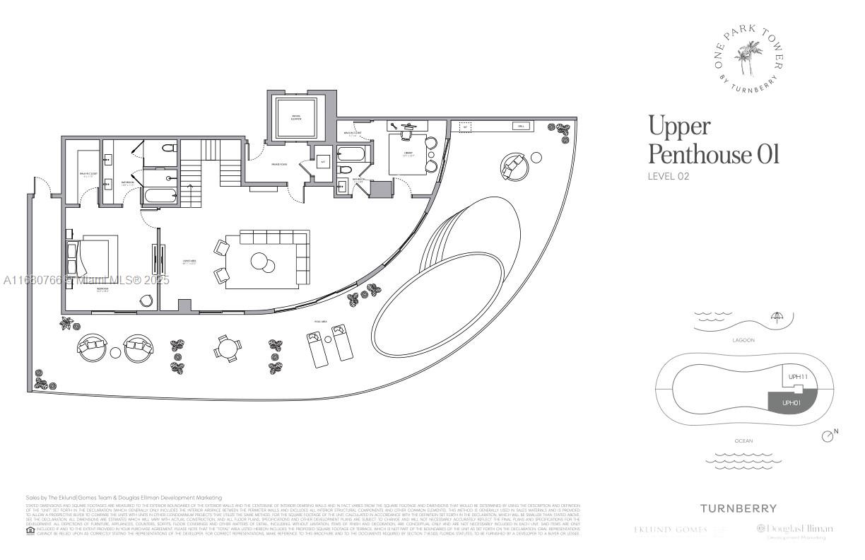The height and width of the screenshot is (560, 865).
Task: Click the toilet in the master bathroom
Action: pyautogui.click(x=167, y=149)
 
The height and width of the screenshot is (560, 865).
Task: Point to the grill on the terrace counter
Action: pyautogui.click(x=521, y=127)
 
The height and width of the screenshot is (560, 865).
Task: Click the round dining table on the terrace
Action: pyautogui.click(x=225, y=348)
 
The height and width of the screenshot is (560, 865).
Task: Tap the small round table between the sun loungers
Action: pyautogui.click(x=116, y=352)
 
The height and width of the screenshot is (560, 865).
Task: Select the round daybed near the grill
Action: pyautogui.click(x=514, y=166)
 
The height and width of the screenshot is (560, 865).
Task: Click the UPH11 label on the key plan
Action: pyautogui.click(x=798, y=376)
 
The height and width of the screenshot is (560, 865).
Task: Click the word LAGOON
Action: pyautogui.click(x=743, y=341)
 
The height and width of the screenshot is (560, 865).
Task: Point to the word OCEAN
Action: pyautogui.click(x=743, y=441)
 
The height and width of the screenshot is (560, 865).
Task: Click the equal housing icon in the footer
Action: pyautogui.click(x=30, y=530)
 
